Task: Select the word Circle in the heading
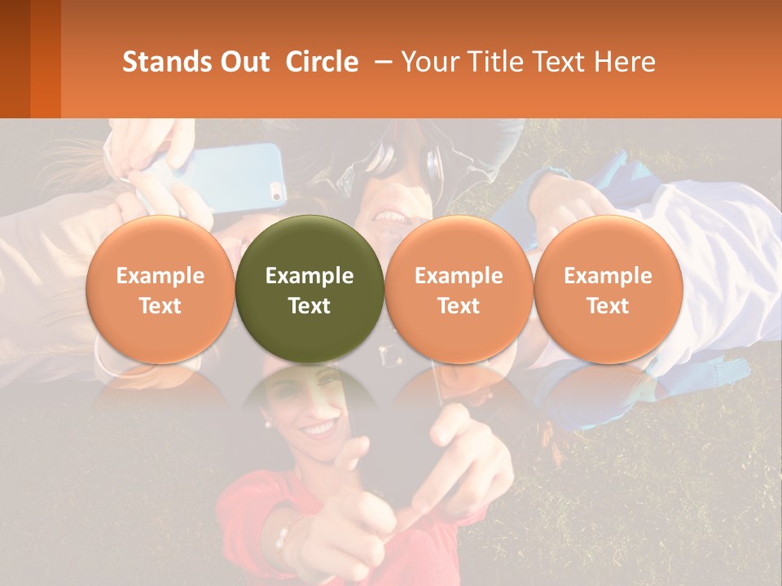(322, 62)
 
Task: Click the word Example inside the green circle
(310, 276)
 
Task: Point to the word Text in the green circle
(310, 306)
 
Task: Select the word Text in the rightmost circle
(608, 306)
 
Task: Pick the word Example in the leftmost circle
(160, 276)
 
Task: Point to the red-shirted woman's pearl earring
(266, 424)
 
